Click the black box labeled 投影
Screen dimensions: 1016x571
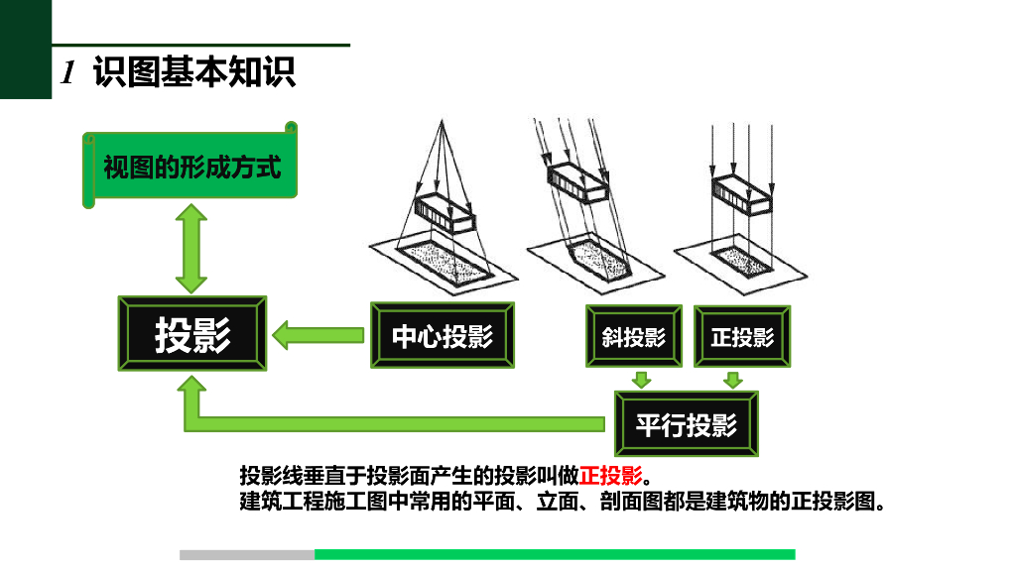click(x=191, y=333)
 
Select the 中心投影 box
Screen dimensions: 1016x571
click(x=443, y=335)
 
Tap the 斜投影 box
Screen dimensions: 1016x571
click(x=634, y=336)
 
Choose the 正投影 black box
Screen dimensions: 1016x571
click(x=742, y=336)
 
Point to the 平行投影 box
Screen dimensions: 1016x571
click(x=687, y=424)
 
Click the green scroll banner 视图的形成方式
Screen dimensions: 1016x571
click(x=190, y=166)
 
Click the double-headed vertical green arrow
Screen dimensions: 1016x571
click(x=191, y=249)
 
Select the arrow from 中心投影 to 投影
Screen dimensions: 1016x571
click(x=317, y=335)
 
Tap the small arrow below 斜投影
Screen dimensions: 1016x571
click(x=642, y=380)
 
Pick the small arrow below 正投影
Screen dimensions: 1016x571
click(x=733, y=380)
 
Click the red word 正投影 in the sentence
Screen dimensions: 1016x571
click(x=610, y=476)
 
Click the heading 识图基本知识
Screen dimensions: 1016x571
click(x=194, y=71)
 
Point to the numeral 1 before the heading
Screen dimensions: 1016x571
click(x=68, y=71)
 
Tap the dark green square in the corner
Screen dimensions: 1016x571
click(x=25, y=50)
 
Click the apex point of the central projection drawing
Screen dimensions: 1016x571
click(x=442, y=120)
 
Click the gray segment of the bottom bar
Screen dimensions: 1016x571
click(x=247, y=555)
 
